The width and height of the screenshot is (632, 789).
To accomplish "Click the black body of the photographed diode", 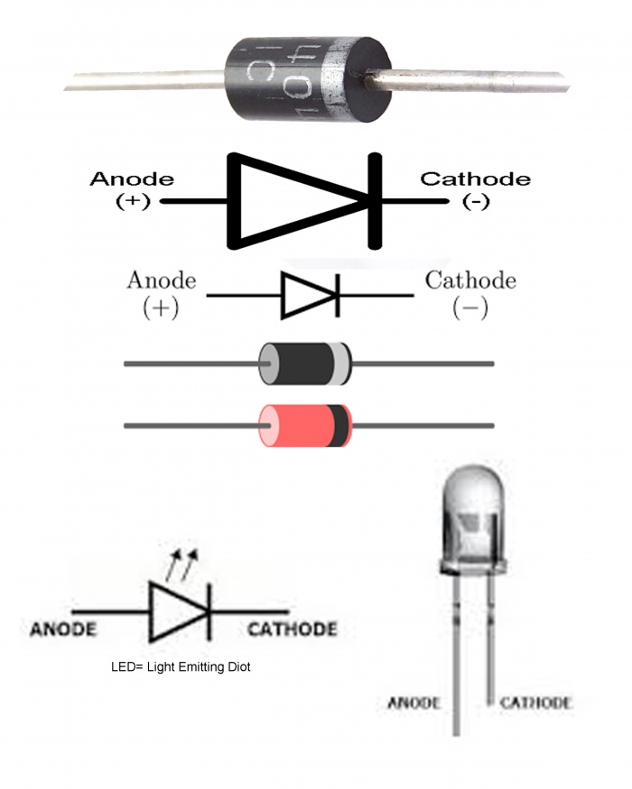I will [x=299, y=79].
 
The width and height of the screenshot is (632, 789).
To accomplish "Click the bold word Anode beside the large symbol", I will [x=132, y=179].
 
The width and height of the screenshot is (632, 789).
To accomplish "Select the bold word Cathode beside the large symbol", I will [x=475, y=179].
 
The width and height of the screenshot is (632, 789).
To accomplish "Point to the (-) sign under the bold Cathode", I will [x=475, y=201].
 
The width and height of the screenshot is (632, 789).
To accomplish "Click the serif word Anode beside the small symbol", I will [x=161, y=280].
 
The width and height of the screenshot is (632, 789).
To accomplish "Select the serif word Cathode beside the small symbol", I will [x=470, y=280].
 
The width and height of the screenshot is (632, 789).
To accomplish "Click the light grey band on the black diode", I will [x=339, y=364].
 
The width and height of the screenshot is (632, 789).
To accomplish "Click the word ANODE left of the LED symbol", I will [x=62, y=628].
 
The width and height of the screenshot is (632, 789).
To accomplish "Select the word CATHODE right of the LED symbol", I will [x=292, y=628].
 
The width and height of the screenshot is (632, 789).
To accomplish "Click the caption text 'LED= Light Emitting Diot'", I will [x=180, y=668].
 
